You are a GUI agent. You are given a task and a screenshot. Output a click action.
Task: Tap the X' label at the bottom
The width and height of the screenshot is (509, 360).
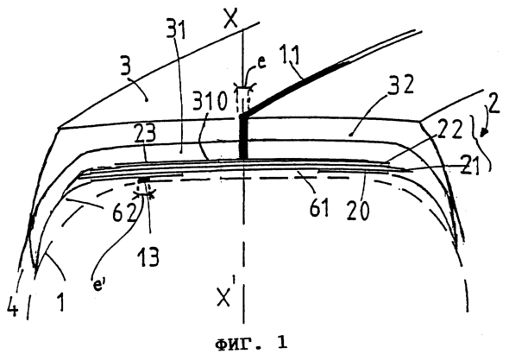pos(224,295)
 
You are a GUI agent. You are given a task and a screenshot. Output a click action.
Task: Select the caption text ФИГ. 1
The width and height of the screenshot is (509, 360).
pos(251,343)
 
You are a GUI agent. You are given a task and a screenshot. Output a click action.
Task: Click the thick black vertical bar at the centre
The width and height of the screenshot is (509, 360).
pos(243,136)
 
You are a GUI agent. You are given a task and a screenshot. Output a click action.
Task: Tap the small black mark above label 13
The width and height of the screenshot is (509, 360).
pos(143,180)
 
